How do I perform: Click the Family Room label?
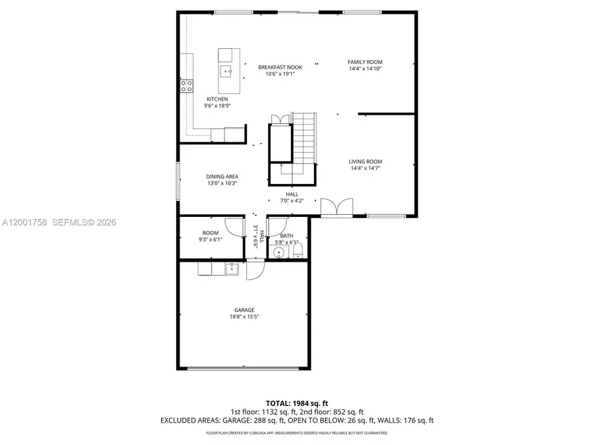tap(365, 62)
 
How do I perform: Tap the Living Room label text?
tap(365, 162)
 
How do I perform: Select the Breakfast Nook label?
tap(276, 67)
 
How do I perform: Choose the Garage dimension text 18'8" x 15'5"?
tap(244, 316)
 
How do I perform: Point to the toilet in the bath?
tap(296, 252)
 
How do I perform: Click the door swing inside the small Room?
tap(233, 226)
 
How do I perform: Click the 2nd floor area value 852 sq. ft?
tap(348, 411)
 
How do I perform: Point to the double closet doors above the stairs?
tap(280, 119)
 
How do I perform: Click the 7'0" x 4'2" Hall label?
tap(292, 197)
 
